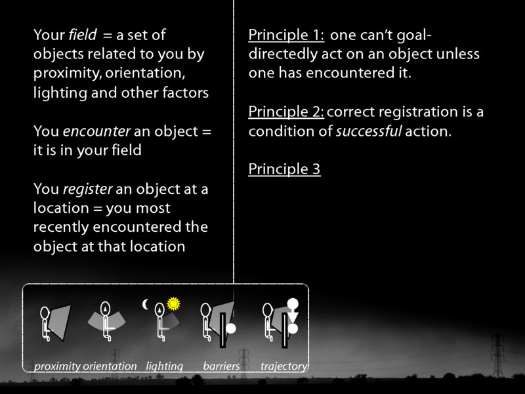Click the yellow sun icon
173,303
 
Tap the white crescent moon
146,304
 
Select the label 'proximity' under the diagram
57,366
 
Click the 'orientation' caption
110,366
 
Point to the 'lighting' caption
164,366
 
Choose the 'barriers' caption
221,366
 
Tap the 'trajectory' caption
283,366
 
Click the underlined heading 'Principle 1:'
286,35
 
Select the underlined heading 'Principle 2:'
286,112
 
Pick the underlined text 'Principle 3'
284,169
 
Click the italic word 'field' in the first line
81,35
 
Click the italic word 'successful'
368,131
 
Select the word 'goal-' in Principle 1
414,35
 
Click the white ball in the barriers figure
231,327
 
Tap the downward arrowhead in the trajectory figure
293,317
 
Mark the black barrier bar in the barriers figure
223,330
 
